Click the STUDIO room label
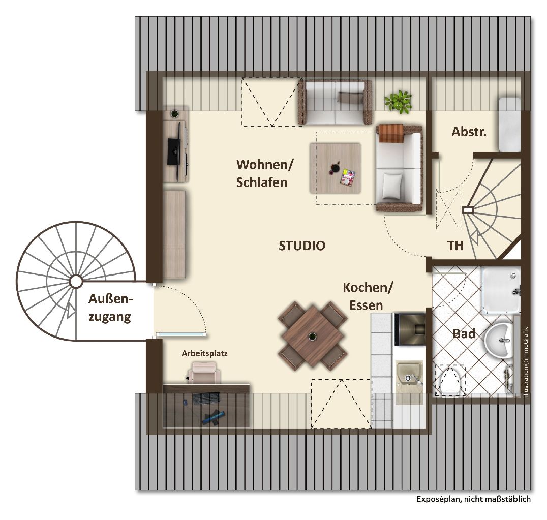(302, 246)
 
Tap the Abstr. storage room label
(469, 132)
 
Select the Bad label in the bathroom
(464, 334)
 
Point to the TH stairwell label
(455, 246)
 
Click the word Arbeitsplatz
(204, 353)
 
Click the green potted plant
(398, 101)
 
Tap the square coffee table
(335, 168)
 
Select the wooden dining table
(313, 337)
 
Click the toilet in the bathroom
(450, 381)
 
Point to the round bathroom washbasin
(499, 340)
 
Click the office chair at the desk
(204, 373)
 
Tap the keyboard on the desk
(206, 398)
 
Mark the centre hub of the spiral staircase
(75, 281)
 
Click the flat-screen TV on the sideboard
(175, 151)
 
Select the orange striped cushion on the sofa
(391, 133)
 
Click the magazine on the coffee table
(348, 176)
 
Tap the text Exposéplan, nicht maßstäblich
(473, 499)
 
